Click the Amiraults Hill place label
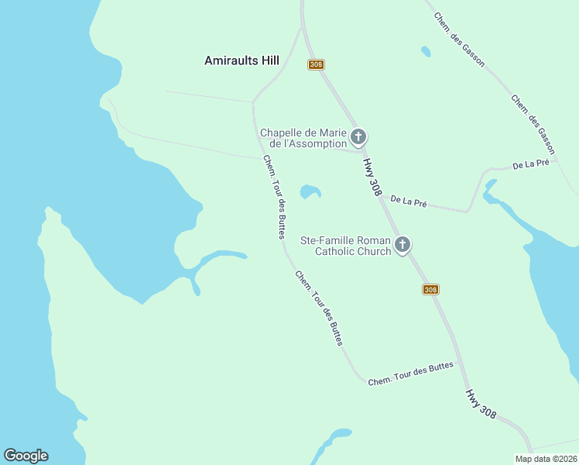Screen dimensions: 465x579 (x=242, y=60)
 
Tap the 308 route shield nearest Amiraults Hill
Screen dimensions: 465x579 (x=316, y=64)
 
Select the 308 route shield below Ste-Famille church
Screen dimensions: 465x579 (x=430, y=289)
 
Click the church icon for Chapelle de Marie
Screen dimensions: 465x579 (x=358, y=138)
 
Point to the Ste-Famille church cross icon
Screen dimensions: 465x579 (x=402, y=246)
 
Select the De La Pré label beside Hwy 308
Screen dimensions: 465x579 (x=409, y=201)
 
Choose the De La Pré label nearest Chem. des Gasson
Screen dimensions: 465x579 (x=531, y=164)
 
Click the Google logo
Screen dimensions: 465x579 (x=26, y=456)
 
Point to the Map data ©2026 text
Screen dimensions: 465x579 (x=546, y=459)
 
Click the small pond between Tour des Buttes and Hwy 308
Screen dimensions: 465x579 (x=310, y=191)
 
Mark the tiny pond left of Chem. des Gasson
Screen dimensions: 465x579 (x=426, y=52)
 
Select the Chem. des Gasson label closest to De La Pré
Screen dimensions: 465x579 (x=533, y=122)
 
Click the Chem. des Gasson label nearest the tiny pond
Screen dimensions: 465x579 (x=459, y=39)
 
